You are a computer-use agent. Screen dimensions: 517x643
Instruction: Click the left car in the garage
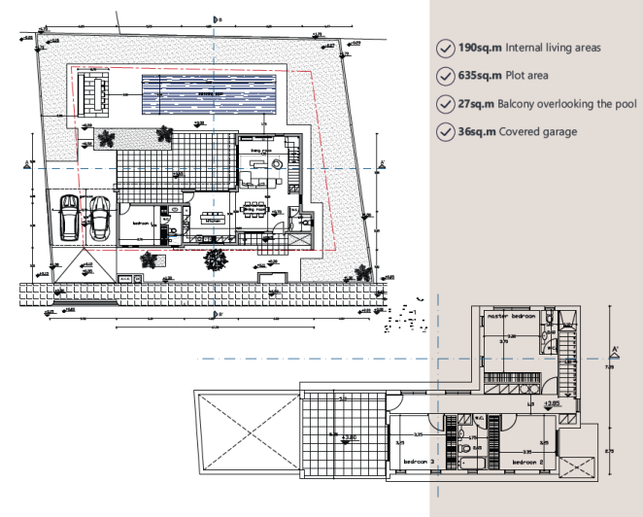click(70, 218)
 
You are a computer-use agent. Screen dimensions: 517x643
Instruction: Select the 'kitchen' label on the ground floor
click(215, 221)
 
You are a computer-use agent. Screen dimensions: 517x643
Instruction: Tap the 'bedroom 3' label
click(419, 463)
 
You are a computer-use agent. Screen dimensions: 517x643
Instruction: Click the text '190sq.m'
click(478, 47)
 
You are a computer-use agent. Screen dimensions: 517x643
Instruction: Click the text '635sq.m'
click(478, 75)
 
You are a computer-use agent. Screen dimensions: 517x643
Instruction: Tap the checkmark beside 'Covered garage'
click(445, 131)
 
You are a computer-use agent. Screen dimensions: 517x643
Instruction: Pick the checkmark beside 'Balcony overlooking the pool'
click(445, 103)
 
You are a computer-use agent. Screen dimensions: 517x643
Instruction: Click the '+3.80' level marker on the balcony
click(351, 437)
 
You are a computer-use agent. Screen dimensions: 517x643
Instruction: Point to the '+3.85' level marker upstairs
click(551, 402)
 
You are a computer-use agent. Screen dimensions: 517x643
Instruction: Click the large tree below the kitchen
click(214, 258)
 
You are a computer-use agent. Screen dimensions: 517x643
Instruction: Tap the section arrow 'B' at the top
click(215, 19)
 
